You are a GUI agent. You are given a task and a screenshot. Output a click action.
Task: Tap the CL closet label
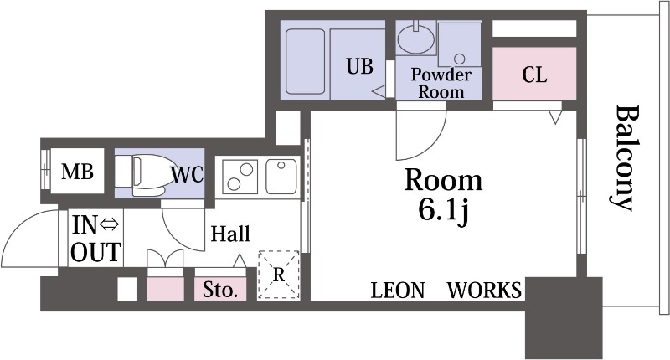(x=534, y=75)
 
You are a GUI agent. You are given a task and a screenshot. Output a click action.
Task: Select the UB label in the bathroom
(x=359, y=66)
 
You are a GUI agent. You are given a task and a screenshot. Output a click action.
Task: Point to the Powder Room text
(x=441, y=83)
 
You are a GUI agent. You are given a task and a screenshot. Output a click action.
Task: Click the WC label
(x=187, y=174)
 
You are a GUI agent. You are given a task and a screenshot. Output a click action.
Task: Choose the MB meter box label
(x=77, y=172)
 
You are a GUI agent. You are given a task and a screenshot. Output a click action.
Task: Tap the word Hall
(x=230, y=234)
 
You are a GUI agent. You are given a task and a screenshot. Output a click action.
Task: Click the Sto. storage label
(x=220, y=290)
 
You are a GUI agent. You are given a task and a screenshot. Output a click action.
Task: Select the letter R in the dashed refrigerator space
(x=279, y=275)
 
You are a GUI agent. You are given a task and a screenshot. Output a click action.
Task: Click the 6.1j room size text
(x=445, y=210)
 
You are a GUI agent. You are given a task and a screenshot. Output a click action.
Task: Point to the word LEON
(x=397, y=291)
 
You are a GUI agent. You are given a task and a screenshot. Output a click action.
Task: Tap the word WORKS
(x=484, y=291)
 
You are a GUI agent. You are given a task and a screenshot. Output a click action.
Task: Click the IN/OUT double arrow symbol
(x=110, y=224)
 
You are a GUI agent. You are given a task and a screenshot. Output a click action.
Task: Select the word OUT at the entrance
(x=95, y=252)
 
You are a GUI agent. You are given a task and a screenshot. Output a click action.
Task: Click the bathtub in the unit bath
(x=305, y=61)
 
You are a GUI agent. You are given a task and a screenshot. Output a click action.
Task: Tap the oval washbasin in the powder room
(x=415, y=39)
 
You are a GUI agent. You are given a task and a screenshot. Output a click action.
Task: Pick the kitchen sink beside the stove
(x=281, y=177)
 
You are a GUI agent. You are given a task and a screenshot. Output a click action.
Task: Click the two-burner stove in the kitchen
(x=240, y=177)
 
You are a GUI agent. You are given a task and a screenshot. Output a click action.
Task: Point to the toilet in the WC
(x=143, y=176)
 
